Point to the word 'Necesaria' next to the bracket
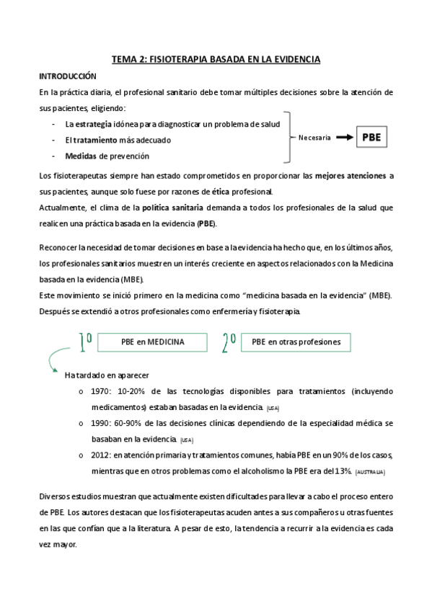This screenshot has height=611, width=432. (314, 138)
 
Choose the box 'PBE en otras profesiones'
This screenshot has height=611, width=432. (291, 342)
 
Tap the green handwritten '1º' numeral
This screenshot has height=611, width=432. (85, 343)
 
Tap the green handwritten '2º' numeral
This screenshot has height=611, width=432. (228, 343)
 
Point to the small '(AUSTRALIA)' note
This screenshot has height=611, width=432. (370, 472)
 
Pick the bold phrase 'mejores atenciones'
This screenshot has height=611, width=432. (350, 175)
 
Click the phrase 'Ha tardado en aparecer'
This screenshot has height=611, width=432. (107, 375)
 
